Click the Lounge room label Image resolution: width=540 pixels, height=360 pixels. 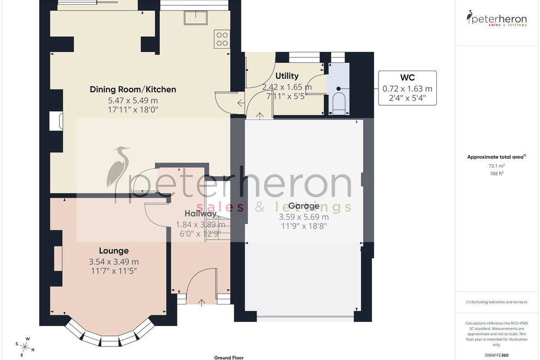(114, 251)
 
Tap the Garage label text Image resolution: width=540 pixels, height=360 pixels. (304, 206)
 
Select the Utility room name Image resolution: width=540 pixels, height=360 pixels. (287, 76)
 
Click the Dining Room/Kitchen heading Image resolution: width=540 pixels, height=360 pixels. (133, 90)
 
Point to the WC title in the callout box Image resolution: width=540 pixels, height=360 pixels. (407, 78)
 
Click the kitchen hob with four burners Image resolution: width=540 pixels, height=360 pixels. (222, 39)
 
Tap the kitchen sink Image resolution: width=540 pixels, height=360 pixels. (195, 18)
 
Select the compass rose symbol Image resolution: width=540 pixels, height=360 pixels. (25, 347)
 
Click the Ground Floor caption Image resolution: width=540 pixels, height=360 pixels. (229, 358)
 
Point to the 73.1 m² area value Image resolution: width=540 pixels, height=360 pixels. (496, 166)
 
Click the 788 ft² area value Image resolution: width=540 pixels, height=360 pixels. (497, 173)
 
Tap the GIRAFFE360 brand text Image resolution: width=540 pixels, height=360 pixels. (497, 355)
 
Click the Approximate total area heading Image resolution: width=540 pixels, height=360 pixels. (497, 157)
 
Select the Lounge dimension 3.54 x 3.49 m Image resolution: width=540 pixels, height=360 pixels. (114, 261)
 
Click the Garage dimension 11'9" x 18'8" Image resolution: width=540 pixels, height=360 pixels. (304, 226)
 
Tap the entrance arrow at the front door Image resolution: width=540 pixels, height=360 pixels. (202, 303)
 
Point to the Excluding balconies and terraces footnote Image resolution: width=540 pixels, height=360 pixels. (497, 302)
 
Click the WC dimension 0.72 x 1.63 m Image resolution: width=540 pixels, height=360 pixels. (407, 89)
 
